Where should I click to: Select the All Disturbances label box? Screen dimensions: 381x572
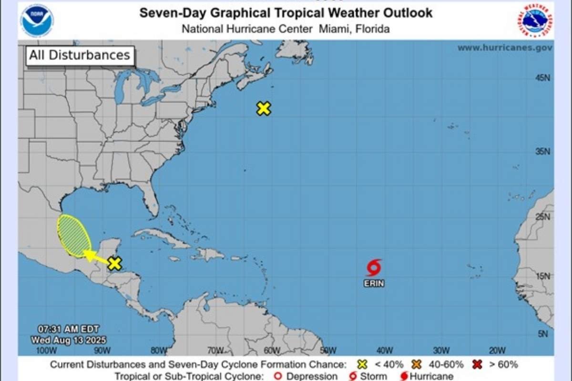coord(80,55)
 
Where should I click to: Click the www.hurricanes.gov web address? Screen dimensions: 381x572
coord(505,48)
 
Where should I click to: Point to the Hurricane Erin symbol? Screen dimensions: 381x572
coord(374,268)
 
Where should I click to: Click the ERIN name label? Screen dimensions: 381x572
coord(374,283)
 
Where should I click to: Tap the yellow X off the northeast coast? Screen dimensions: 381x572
coord(264,109)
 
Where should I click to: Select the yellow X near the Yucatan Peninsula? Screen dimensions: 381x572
coord(114,263)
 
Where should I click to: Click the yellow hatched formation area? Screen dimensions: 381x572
coord(74,235)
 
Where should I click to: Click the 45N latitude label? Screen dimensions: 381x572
coord(542,78)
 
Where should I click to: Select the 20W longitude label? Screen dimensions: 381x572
coord(497,351)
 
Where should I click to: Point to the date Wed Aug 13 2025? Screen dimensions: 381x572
coord(69,340)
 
